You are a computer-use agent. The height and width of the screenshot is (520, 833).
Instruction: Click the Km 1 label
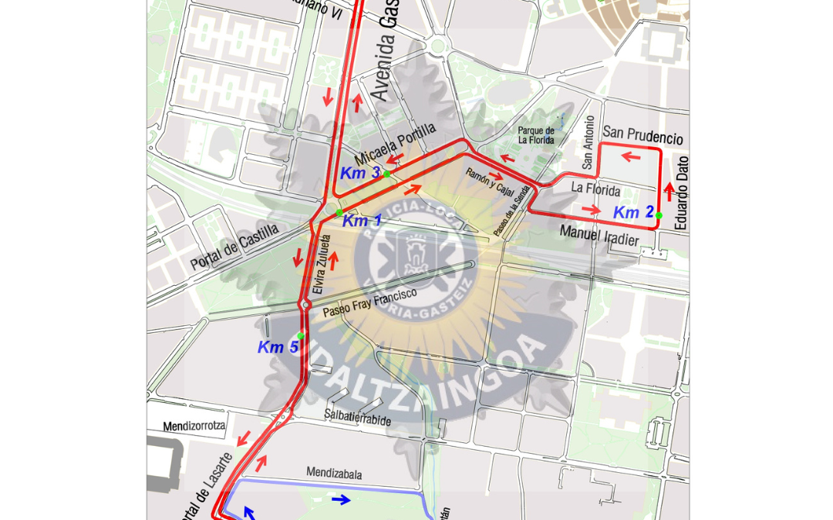(362, 221)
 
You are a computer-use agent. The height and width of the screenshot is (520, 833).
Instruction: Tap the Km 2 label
(633, 213)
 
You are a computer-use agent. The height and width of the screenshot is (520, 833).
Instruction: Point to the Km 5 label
(278, 347)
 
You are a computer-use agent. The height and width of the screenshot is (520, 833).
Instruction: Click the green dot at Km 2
(659, 216)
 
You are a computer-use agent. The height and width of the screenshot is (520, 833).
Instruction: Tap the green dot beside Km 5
(301, 336)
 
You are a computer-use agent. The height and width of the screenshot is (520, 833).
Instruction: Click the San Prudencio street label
(642, 135)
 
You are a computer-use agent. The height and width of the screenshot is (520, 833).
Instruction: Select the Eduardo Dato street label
(681, 193)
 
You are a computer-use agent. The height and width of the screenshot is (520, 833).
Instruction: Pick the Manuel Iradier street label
(599, 236)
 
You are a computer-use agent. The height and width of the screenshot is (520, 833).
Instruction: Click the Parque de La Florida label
(536, 136)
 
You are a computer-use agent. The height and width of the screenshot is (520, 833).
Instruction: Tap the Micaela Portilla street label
(395, 143)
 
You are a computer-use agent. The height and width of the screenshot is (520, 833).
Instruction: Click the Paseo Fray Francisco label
(369, 302)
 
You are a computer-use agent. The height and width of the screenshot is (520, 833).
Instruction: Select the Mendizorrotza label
(194, 426)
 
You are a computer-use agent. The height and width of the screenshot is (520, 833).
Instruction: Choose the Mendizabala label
(334, 473)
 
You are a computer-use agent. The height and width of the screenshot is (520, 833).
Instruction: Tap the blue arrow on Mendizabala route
(341, 500)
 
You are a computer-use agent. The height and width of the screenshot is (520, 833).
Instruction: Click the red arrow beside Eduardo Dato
(669, 191)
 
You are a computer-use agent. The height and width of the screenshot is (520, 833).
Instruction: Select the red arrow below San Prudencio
(631, 157)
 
